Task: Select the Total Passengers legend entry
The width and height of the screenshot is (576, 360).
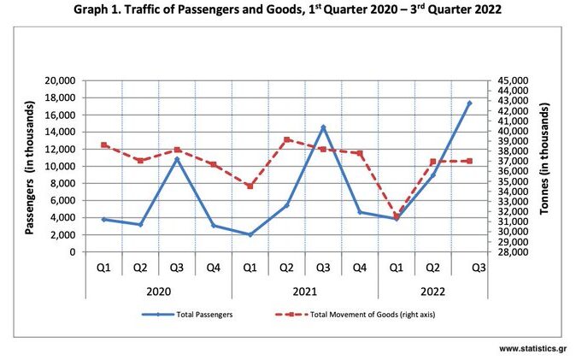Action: (x=203, y=315)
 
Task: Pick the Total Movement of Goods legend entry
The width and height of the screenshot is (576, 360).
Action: (x=359, y=315)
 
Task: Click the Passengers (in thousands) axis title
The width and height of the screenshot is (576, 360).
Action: (x=27, y=166)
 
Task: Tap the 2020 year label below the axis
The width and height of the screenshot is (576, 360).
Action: (x=158, y=291)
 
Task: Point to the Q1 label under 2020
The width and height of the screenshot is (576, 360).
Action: (x=103, y=268)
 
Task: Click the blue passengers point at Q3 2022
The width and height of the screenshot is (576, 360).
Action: (x=469, y=103)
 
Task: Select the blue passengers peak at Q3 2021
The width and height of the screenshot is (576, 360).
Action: (x=323, y=127)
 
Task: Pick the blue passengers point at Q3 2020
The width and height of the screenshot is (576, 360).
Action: (x=177, y=159)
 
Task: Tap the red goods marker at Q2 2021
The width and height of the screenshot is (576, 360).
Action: (x=286, y=139)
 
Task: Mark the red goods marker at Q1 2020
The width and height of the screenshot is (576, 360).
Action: (x=103, y=145)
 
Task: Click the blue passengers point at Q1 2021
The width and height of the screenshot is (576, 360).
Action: (x=250, y=234)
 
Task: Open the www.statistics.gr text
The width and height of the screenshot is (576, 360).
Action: (x=533, y=348)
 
